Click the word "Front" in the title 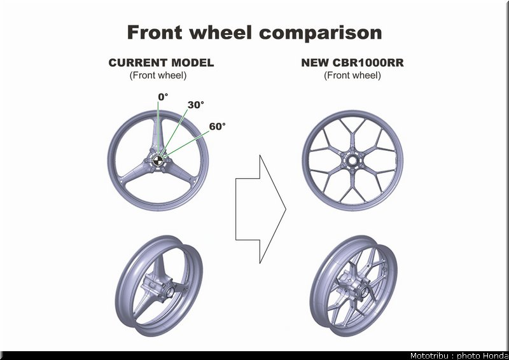(x=155, y=32)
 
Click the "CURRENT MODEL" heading (x=162, y=63)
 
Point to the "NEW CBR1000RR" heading (x=352, y=63)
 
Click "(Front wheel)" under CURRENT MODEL (x=158, y=75)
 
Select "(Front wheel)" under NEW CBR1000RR (x=352, y=75)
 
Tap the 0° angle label (x=163, y=97)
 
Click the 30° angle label (x=196, y=105)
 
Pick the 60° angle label (x=217, y=127)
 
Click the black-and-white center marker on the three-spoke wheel (x=158, y=160)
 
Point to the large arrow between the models (x=261, y=209)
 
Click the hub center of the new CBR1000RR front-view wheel (x=352, y=160)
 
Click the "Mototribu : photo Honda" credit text (x=459, y=356)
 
